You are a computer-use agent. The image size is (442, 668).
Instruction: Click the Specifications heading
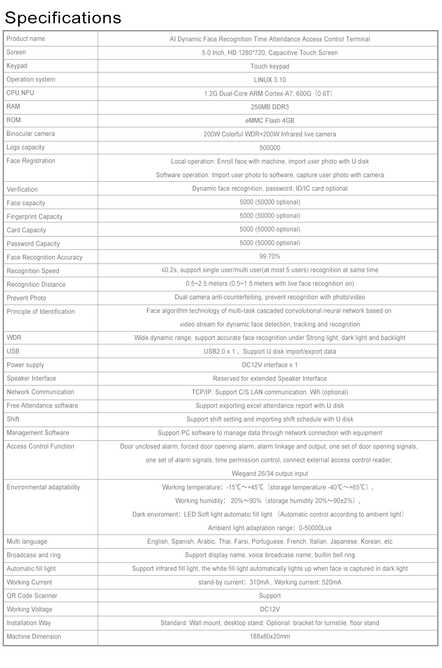(x=63, y=18)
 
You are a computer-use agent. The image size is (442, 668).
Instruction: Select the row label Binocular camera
(x=30, y=134)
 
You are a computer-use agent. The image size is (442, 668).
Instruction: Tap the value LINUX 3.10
(x=270, y=80)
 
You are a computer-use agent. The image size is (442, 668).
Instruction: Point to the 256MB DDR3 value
(x=270, y=107)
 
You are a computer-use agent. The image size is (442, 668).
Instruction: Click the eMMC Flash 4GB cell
(x=270, y=121)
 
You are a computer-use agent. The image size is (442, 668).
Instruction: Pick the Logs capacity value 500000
(x=270, y=148)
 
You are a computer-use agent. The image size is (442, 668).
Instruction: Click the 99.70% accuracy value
(x=270, y=256)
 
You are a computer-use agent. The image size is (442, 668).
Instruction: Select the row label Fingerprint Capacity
(x=34, y=217)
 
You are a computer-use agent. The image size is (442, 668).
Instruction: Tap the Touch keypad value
(x=270, y=66)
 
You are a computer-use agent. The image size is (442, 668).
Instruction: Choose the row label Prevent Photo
(x=26, y=298)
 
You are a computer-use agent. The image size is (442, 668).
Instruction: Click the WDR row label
(x=14, y=338)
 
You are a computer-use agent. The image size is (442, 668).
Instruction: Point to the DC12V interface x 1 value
(x=270, y=365)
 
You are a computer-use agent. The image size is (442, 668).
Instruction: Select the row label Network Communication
(x=40, y=392)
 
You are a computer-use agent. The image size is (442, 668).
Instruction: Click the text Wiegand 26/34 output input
(x=270, y=473)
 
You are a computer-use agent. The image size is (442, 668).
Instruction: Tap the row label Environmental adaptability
(x=43, y=487)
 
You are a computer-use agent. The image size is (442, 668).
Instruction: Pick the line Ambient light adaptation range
(x=270, y=528)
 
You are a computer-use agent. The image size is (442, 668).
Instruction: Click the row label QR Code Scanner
(x=32, y=595)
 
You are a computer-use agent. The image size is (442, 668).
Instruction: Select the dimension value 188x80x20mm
(x=270, y=637)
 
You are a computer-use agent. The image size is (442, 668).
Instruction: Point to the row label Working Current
(x=29, y=582)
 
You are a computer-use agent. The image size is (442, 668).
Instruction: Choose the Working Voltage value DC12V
(x=270, y=609)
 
